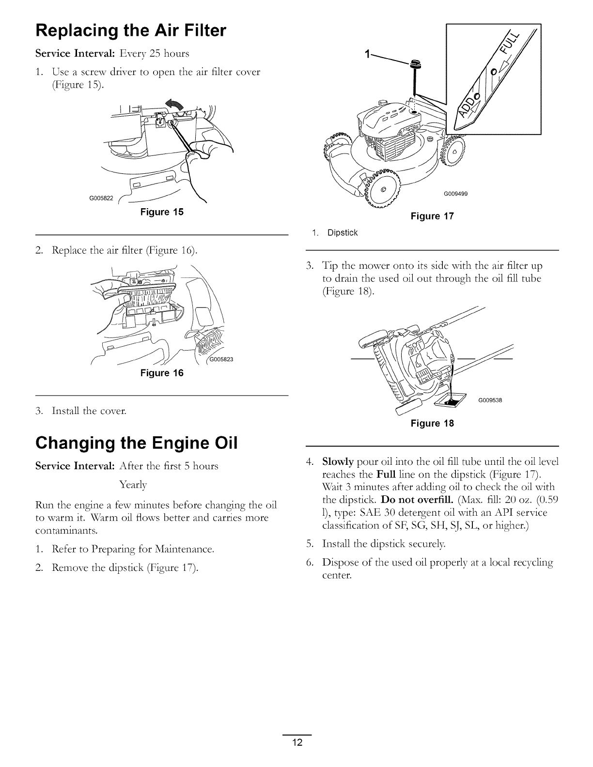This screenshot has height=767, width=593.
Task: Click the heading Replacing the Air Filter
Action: (x=131, y=31)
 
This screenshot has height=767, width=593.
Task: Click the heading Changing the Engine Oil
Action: (x=137, y=443)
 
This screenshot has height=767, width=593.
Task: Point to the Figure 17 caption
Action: (x=432, y=216)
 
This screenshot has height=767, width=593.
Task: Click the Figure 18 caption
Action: (x=432, y=423)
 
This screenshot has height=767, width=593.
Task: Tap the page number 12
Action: (x=296, y=743)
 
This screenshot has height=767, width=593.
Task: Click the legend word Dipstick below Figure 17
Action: (x=342, y=233)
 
